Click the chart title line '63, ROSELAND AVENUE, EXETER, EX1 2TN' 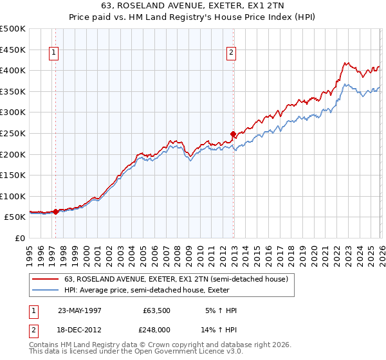pos(192,5)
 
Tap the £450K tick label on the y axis pos(13,50)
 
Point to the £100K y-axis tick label pos(13,196)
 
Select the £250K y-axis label pos(13,133)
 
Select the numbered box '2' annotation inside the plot pos(231,53)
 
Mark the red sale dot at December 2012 pos(233,134)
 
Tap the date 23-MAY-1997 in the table pos(80,310)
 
